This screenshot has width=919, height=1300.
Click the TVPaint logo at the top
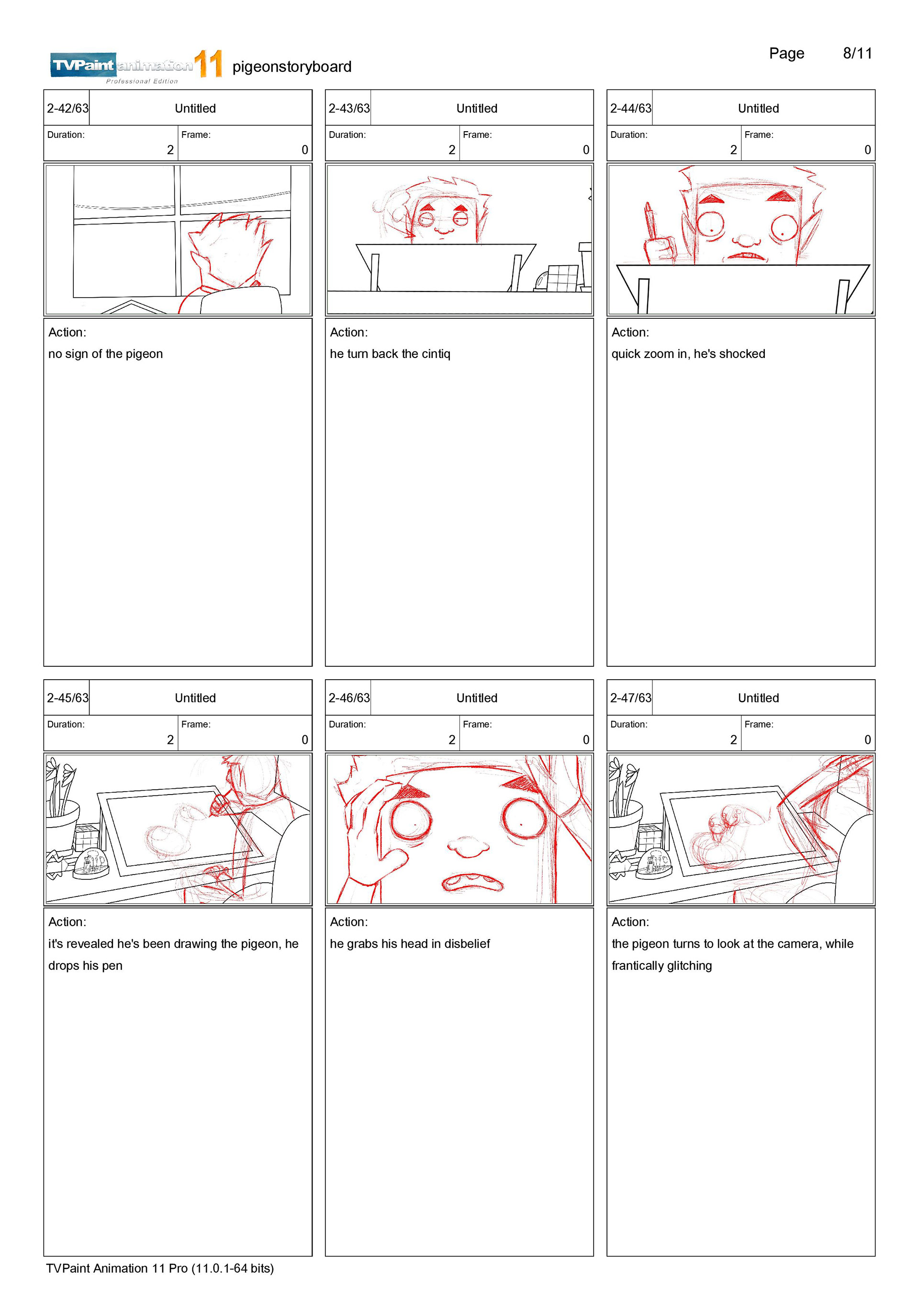coord(136,66)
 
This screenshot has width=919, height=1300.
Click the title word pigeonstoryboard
coord(291,67)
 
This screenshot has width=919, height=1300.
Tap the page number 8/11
coord(857,53)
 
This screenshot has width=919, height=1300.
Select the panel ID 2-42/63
coord(67,108)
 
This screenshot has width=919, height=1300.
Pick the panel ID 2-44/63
coord(630,108)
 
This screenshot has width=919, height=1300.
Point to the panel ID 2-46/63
coord(349,697)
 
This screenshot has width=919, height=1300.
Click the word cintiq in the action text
coord(436,354)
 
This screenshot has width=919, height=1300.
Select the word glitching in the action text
coord(689,966)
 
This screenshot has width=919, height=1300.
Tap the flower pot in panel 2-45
coord(62,826)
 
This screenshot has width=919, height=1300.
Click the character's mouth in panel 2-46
coord(471,882)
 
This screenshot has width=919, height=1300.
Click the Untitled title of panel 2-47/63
coord(758,697)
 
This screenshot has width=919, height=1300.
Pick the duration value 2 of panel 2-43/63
coord(452,150)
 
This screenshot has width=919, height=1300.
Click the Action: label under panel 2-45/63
coord(67,922)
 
